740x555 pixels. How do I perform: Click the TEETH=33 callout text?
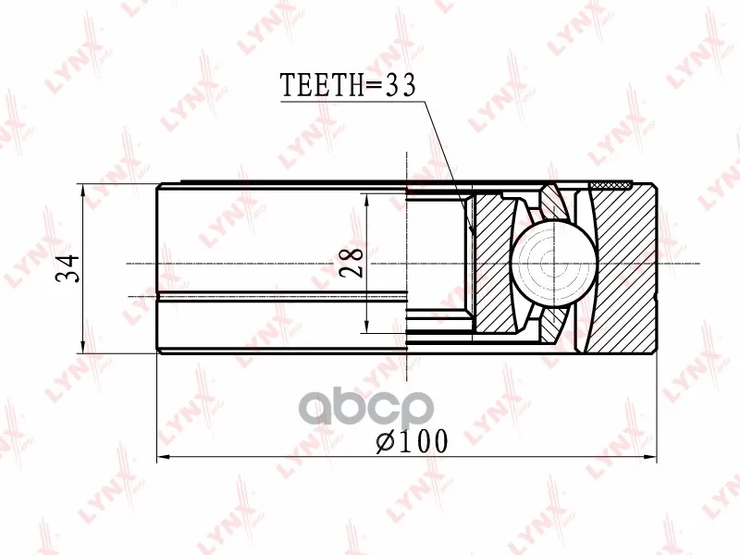coord(348,85)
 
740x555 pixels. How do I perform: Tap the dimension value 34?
coord(68,268)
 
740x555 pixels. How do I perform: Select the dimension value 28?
coord(351,263)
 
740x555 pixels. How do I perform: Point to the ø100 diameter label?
coord(412,442)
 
